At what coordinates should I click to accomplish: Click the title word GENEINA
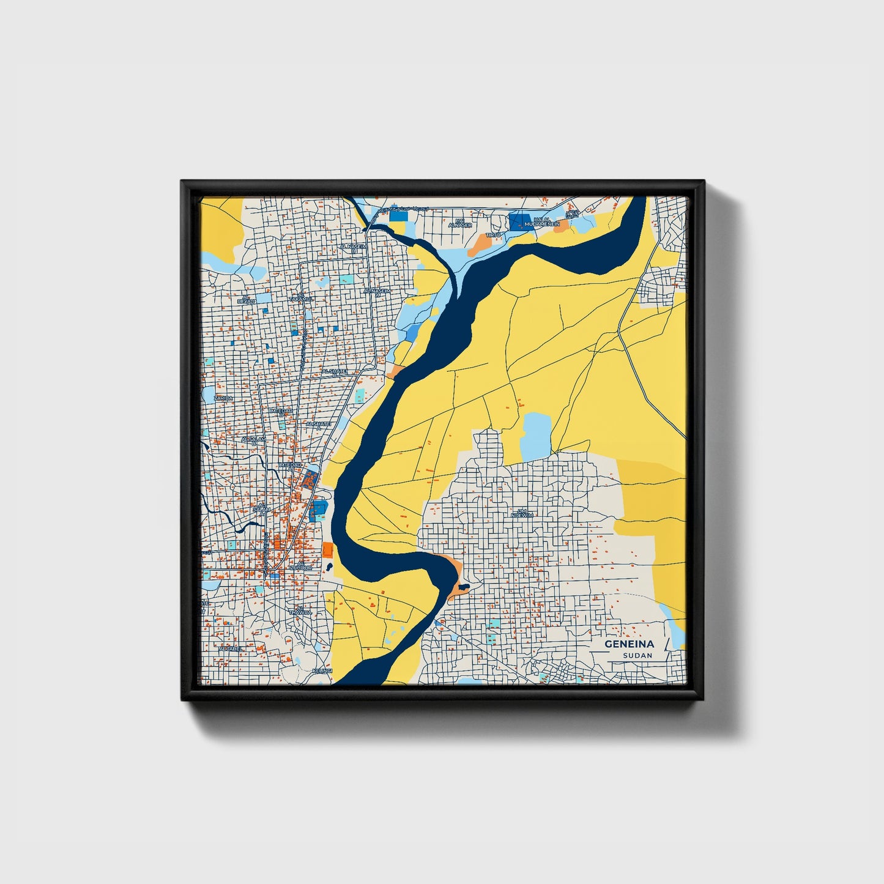pos(630,644)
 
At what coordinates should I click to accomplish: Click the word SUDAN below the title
pos(637,655)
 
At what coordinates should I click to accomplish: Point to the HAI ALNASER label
pos(460,223)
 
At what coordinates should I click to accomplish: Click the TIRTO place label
pos(493,235)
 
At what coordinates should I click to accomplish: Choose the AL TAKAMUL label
pos(301,298)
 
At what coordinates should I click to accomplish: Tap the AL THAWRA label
pos(300,610)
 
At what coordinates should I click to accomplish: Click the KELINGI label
pos(321,671)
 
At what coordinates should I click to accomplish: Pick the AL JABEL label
pos(231,648)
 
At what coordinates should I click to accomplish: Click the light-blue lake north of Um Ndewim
pos(537,436)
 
